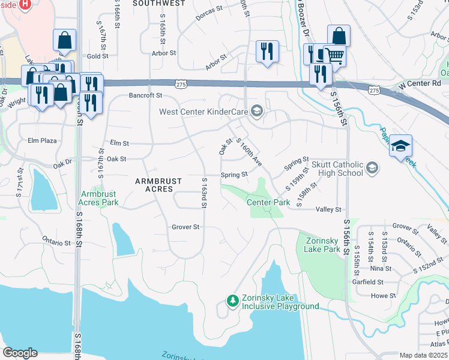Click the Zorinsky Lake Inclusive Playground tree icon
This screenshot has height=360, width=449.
[x=233, y=300]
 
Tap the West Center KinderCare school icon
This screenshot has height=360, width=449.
[x=257, y=111]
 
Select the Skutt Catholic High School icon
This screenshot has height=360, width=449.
[x=372, y=167]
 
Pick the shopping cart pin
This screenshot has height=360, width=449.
[x=335, y=56]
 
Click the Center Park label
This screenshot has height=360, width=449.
[x=268, y=202]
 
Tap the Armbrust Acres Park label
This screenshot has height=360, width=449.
[x=100, y=198]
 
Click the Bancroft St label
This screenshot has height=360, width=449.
[x=146, y=95]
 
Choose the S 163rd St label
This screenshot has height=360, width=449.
[x=204, y=193]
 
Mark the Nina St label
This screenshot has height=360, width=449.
[x=381, y=269]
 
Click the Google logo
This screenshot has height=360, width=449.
[x=20, y=352]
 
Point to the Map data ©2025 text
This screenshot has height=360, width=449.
[x=424, y=355]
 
